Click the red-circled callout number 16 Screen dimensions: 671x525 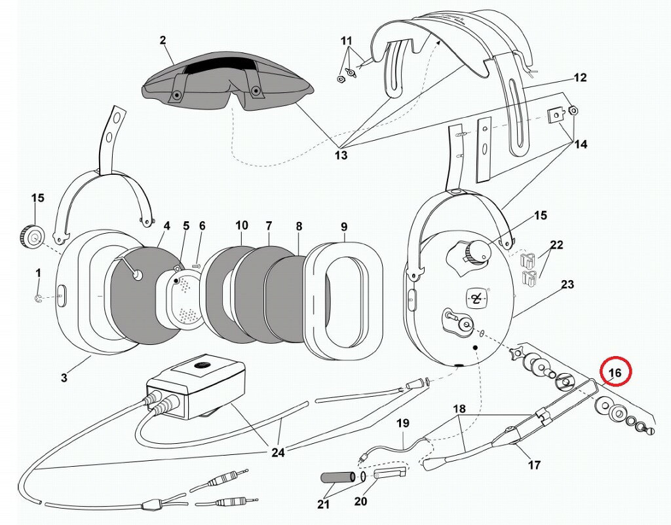[615, 372]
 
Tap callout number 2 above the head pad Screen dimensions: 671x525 [163, 40]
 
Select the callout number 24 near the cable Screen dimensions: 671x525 [278, 452]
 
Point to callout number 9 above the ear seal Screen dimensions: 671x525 [344, 227]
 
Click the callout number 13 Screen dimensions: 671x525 [341, 154]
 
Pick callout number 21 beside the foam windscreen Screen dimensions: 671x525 [324, 505]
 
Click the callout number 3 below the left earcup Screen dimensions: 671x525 [64, 378]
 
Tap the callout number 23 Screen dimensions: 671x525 [567, 284]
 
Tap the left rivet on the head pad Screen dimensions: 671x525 [176, 94]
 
